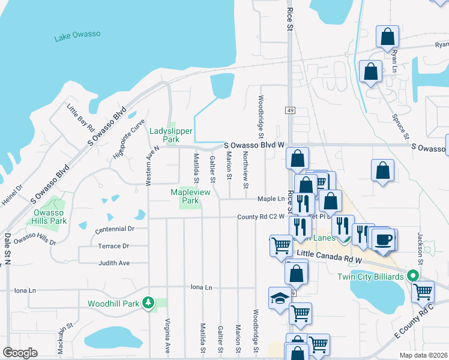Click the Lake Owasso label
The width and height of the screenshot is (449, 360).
tap(77, 35)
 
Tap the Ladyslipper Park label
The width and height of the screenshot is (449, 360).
tap(164, 135)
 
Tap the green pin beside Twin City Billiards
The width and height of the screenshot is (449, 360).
tap(412, 277)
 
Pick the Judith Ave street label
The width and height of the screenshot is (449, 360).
tap(114, 263)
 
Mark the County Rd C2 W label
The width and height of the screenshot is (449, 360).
tap(260, 217)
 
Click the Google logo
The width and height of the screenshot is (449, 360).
tap(20, 353)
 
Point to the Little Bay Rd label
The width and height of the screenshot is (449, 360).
tap(81, 118)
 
